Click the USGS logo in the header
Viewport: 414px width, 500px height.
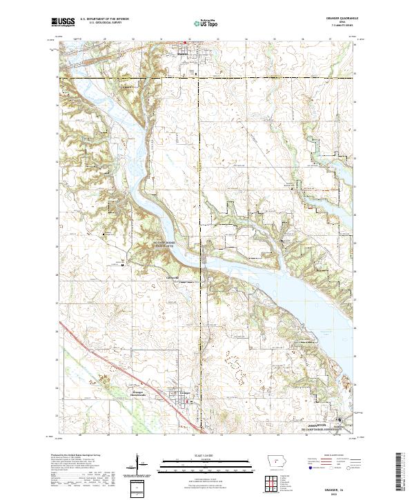(64, 23)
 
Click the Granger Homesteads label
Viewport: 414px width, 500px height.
(142, 392)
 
